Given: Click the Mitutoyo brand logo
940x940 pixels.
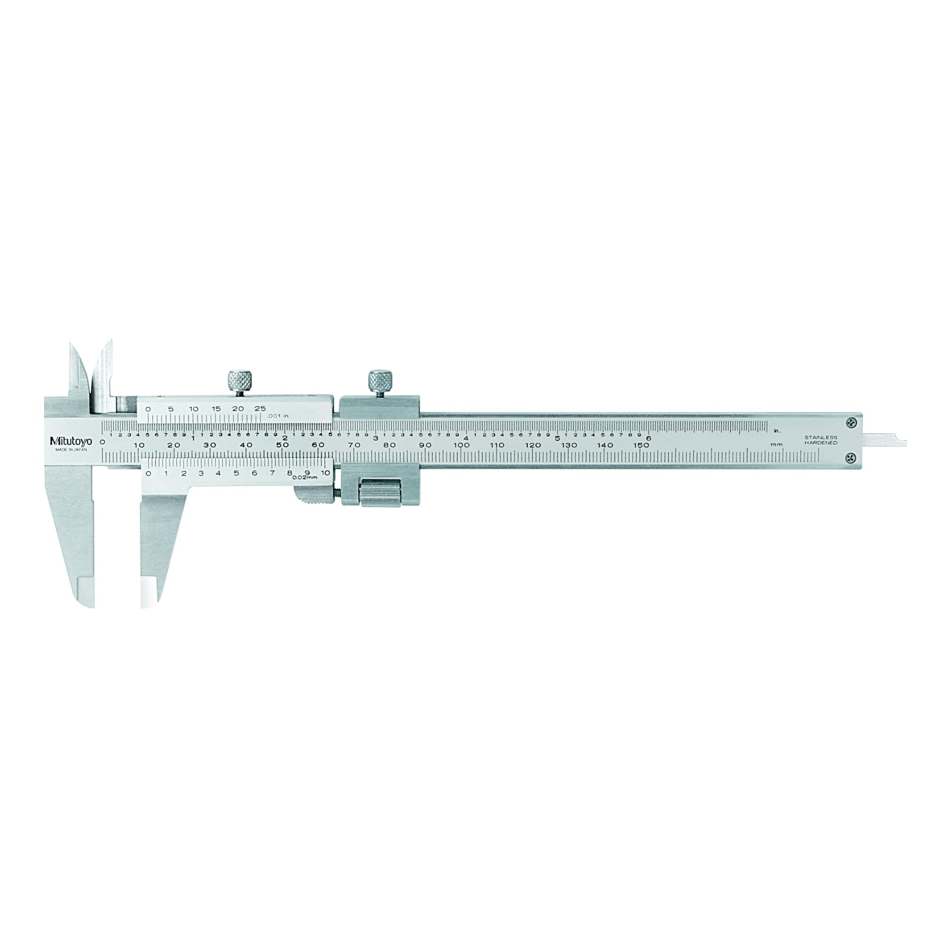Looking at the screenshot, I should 71,441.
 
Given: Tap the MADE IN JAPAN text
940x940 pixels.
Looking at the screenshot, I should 71,450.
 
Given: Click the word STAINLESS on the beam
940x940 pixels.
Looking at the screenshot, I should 821,438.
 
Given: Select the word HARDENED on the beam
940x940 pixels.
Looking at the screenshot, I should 821,443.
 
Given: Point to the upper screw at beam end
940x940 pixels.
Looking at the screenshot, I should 851,423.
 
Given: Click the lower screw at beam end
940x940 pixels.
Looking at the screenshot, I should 851,456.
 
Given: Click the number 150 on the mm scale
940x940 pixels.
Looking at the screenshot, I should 641,445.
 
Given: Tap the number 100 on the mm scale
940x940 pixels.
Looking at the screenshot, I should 461,445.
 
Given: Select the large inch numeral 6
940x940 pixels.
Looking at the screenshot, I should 648,438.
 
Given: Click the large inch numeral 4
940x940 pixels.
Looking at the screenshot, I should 466,438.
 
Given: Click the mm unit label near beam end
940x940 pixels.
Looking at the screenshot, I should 776,445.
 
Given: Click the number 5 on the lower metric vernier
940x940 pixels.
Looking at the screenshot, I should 236,473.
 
